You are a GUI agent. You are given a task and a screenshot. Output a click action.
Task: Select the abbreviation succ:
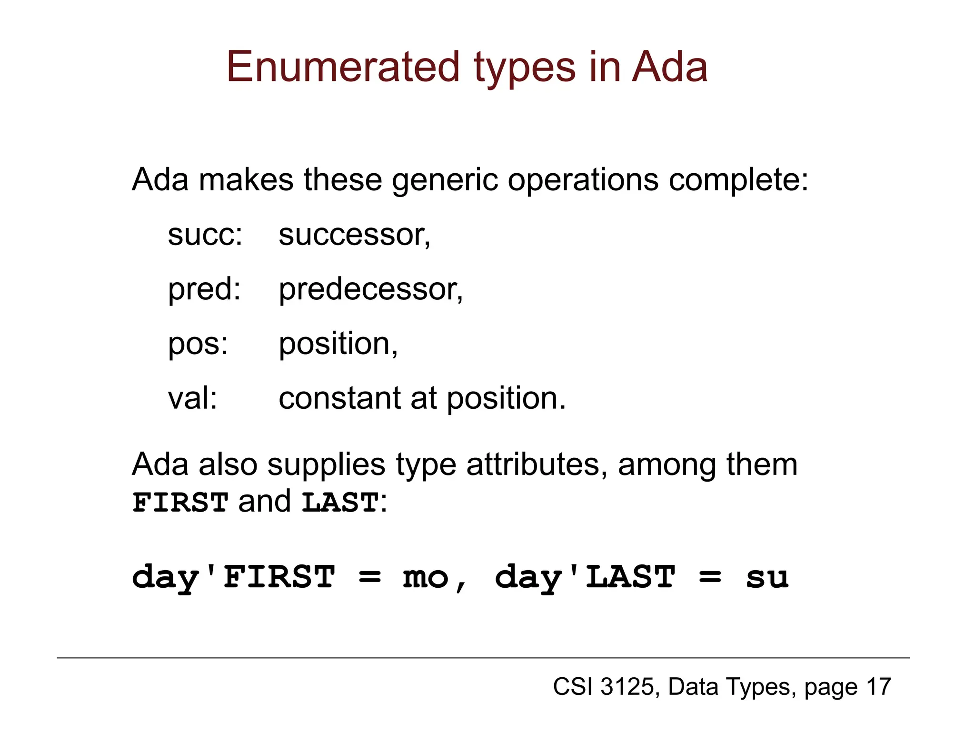coord(205,235)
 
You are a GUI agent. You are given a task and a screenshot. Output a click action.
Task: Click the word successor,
coord(355,235)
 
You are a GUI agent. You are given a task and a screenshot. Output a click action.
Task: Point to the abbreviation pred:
coord(204,289)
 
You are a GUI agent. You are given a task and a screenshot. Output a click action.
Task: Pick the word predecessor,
coord(370,289)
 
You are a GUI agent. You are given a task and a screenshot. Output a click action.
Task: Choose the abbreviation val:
coord(192,398)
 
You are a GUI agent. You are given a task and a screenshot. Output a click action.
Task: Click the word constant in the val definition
coord(339,398)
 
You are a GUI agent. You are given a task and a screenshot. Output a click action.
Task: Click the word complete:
coord(738,180)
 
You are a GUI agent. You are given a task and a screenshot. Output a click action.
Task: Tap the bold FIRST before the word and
coord(180,503)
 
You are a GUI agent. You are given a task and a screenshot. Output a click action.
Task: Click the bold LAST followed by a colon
coord(340,503)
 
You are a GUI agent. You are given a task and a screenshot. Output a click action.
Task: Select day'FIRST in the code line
coord(233,577)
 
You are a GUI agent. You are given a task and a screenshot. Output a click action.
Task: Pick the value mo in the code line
coord(426,577)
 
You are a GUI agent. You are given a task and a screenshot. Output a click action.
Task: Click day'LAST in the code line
coord(585,577)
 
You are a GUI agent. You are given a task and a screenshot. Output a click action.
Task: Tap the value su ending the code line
coord(767,577)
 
